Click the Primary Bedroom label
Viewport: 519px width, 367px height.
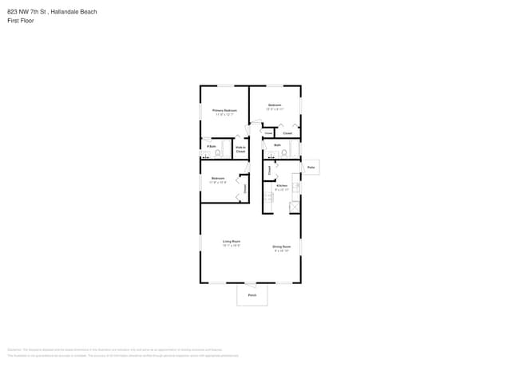click(x=224, y=110)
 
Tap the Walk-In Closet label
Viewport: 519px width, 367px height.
click(x=240, y=149)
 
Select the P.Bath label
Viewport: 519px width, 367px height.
click(x=210, y=146)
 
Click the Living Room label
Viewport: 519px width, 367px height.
click(x=231, y=241)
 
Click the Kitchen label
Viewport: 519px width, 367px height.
click(x=281, y=185)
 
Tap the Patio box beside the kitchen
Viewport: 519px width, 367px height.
click(x=311, y=168)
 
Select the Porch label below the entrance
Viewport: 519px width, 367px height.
click(x=252, y=295)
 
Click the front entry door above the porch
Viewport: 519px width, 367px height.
click(x=251, y=284)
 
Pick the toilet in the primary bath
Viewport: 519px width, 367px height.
click(x=217, y=153)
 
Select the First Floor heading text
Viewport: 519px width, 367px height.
click(x=21, y=21)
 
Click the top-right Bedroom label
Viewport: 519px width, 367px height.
click(x=275, y=105)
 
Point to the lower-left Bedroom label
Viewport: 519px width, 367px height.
click(x=218, y=178)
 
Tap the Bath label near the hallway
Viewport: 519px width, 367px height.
click(x=277, y=145)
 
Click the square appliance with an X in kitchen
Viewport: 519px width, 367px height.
click(x=295, y=207)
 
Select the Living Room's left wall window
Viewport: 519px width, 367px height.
click(x=200, y=243)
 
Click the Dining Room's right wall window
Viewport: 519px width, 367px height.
click(x=301, y=247)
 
